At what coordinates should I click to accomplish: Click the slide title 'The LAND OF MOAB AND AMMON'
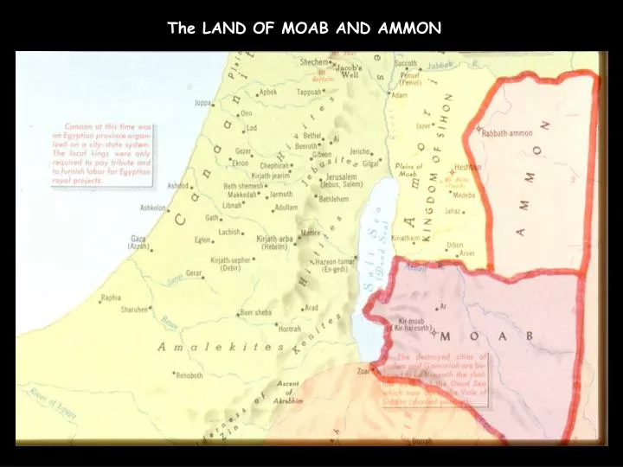point(305,28)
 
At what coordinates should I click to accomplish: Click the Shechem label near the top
point(314,62)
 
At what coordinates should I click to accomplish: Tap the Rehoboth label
point(189,375)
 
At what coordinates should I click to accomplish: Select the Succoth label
point(405,63)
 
